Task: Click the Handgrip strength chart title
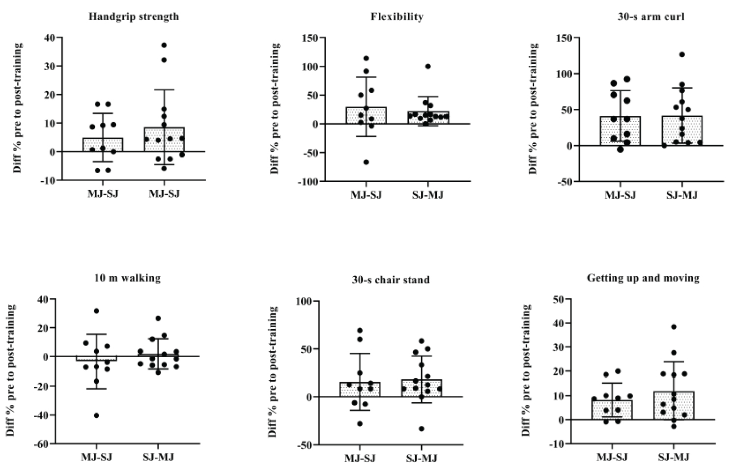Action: click(134, 17)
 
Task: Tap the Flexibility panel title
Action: click(397, 17)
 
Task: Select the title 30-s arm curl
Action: click(651, 17)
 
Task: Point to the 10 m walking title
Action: click(127, 278)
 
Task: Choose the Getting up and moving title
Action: click(643, 278)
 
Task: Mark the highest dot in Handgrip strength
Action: click(164, 45)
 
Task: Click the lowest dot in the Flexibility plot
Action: click(366, 162)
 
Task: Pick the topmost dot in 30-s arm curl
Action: click(682, 54)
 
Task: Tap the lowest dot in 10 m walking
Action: click(97, 415)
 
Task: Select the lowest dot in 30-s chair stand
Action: click(422, 428)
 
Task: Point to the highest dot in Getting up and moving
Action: click(674, 327)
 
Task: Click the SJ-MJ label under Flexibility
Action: click(427, 195)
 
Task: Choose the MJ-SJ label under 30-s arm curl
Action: click(620, 195)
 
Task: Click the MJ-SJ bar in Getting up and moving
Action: click(612, 410)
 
